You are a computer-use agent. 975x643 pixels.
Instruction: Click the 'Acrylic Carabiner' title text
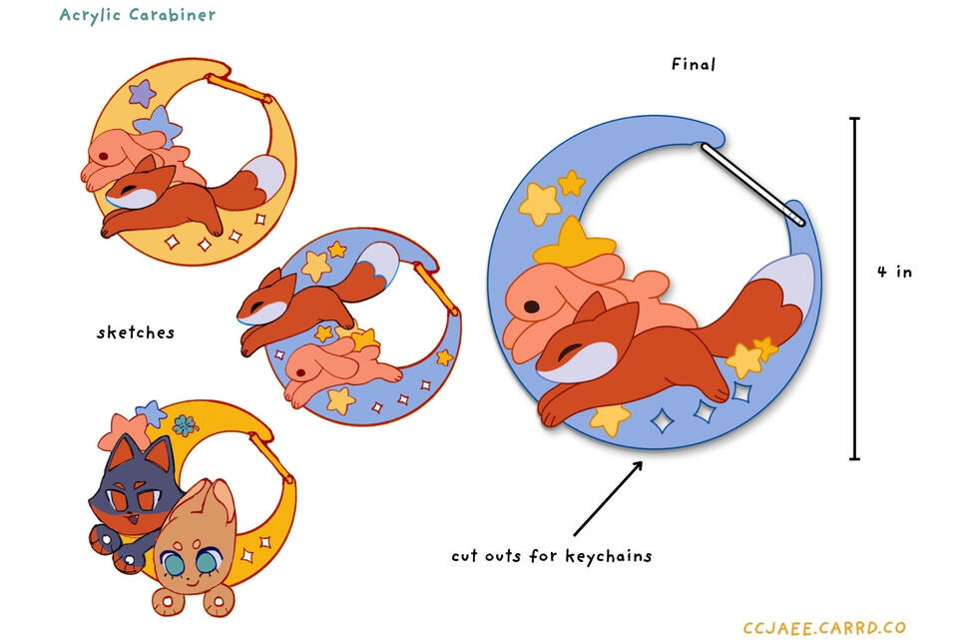pyautogui.click(x=138, y=15)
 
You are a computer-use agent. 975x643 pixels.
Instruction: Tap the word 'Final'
pyautogui.click(x=694, y=64)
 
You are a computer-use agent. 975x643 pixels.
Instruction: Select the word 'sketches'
pyautogui.click(x=136, y=332)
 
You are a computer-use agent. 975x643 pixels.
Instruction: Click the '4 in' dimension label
pyautogui.click(x=895, y=272)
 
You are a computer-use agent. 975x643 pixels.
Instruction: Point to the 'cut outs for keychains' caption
pyautogui.click(x=552, y=555)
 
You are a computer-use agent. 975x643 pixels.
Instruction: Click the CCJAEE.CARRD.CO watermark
pyautogui.click(x=824, y=627)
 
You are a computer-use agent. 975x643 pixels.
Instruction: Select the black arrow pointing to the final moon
pyautogui.click(x=608, y=498)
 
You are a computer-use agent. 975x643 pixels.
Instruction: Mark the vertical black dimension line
pyautogui.click(x=855, y=289)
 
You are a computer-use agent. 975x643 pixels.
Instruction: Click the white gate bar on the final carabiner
pyautogui.click(x=753, y=184)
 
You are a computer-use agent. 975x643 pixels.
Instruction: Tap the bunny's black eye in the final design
pyautogui.click(x=532, y=306)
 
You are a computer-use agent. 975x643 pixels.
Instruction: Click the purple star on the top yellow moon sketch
pyautogui.click(x=143, y=93)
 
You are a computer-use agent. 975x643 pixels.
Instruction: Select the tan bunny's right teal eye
pyautogui.click(x=205, y=560)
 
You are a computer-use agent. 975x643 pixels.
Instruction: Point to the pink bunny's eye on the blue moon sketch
pyautogui.click(x=301, y=372)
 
